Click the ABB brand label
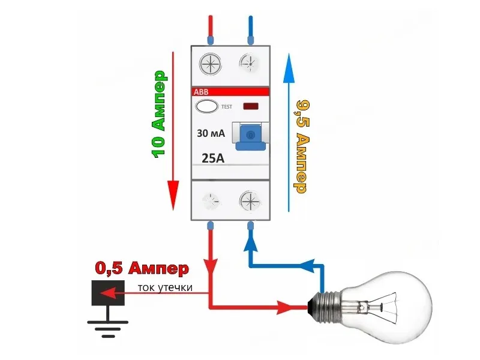point(201,92)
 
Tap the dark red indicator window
point(251,106)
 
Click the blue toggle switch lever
point(250,137)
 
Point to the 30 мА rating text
point(211,133)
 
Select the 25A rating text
point(213,158)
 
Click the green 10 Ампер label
point(159,114)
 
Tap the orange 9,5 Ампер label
point(302,146)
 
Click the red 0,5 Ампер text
point(142,268)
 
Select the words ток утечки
point(165,288)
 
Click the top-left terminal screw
point(211,65)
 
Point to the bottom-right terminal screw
point(250,202)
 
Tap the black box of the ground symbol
point(108,293)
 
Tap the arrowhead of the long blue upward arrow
point(289,68)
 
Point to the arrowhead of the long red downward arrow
point(173,196)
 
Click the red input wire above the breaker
point(211,29)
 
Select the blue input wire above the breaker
point(250,29)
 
